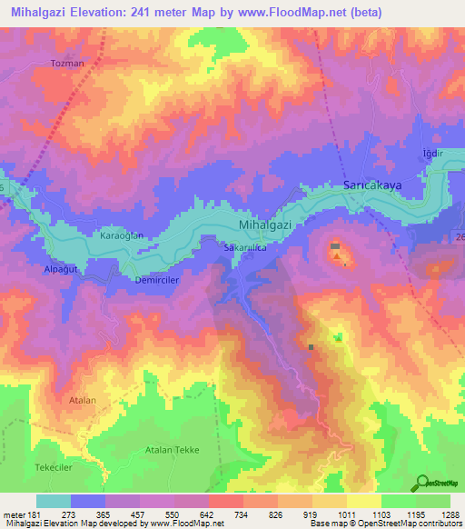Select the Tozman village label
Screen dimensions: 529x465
point(67,65)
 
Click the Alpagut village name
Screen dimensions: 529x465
point(61,270)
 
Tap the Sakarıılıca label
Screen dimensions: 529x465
point(243,246)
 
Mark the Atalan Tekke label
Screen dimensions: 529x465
point(172,450)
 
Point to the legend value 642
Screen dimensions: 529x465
point(208,514)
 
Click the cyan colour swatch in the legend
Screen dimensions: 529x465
point(54,501)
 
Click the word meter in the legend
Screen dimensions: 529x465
point(14,514)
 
